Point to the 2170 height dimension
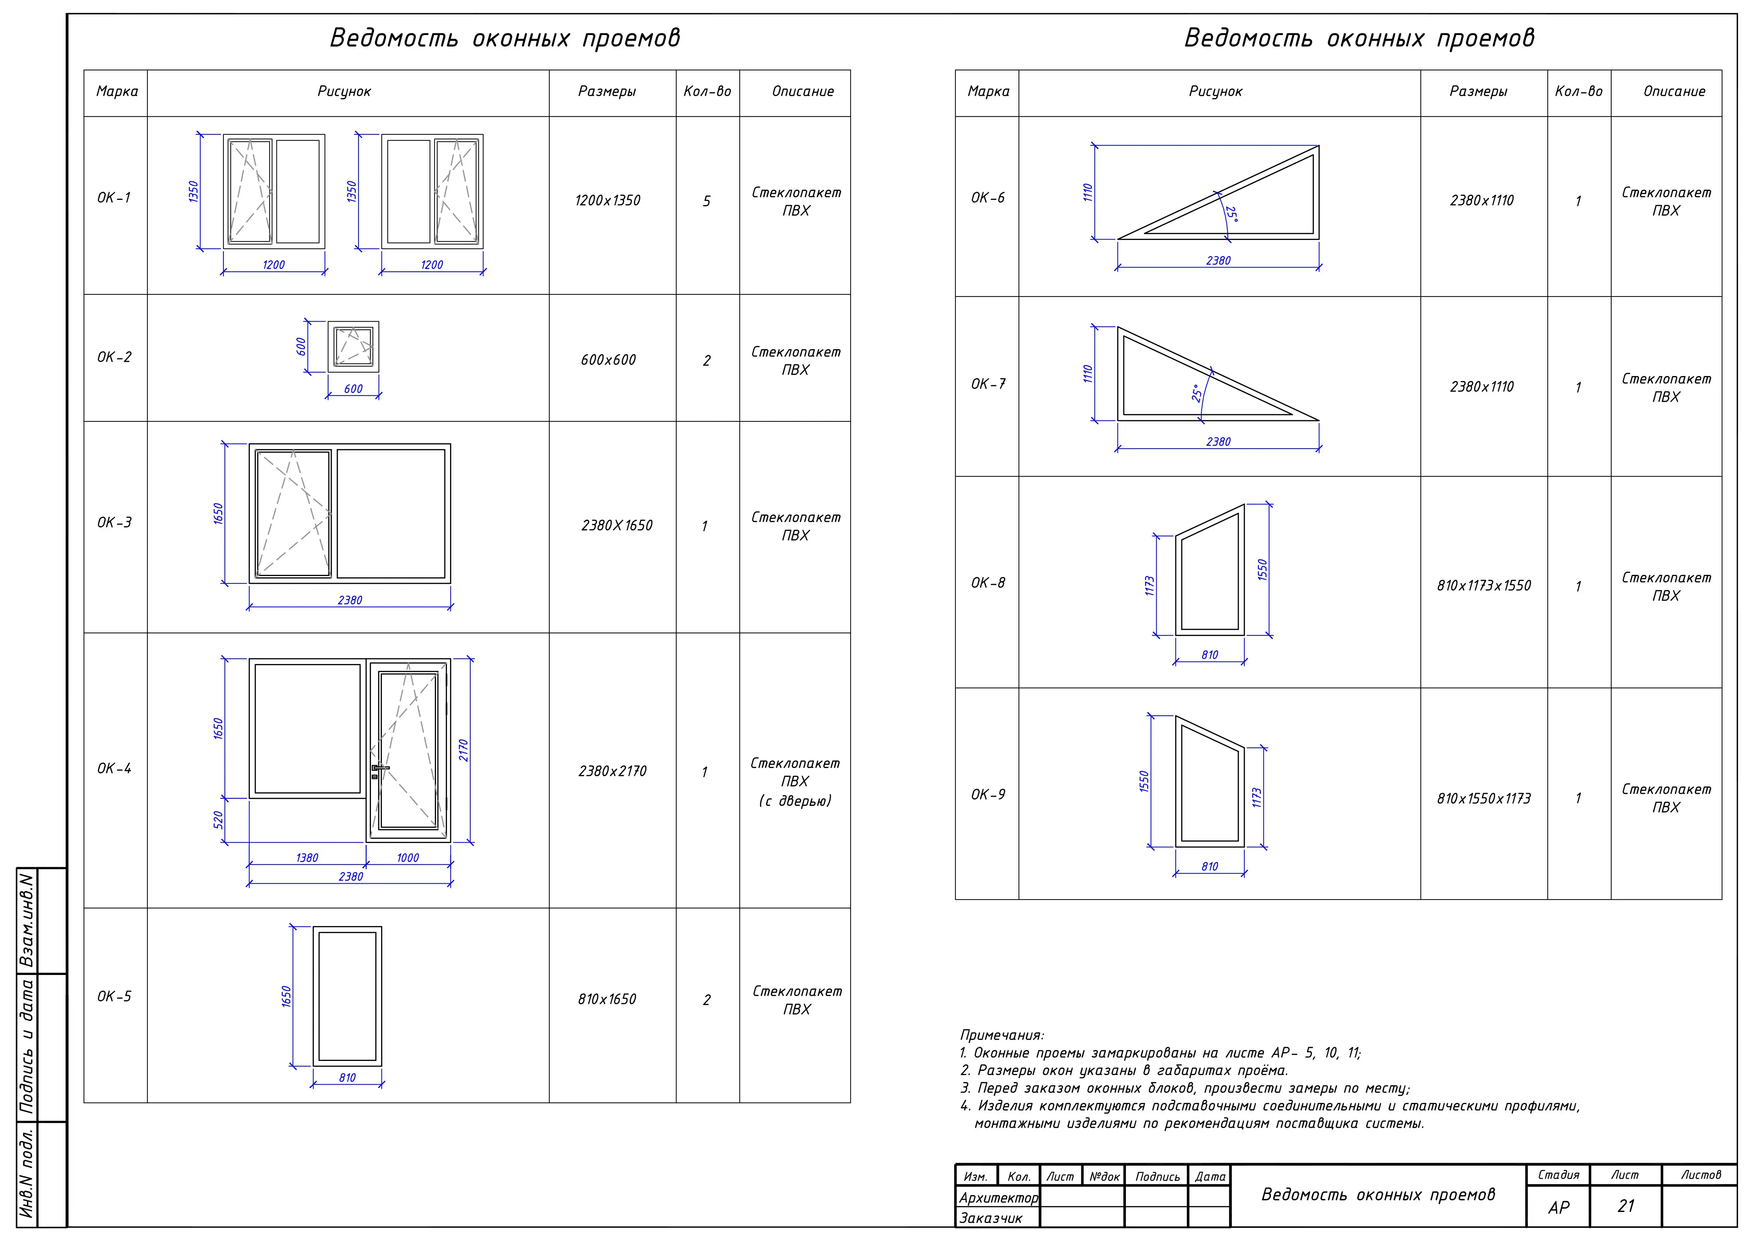click(x=463, y=750)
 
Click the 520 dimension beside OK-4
click(x=218, y=820)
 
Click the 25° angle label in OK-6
click(x=1231, y=213)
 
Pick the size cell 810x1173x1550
click(x=1484, y=586)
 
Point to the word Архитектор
click(x=998, y=1197)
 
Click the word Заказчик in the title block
click(x=990, y=1218)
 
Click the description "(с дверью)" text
click(x=795, y=801)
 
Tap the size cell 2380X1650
click(x=617, y=525)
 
